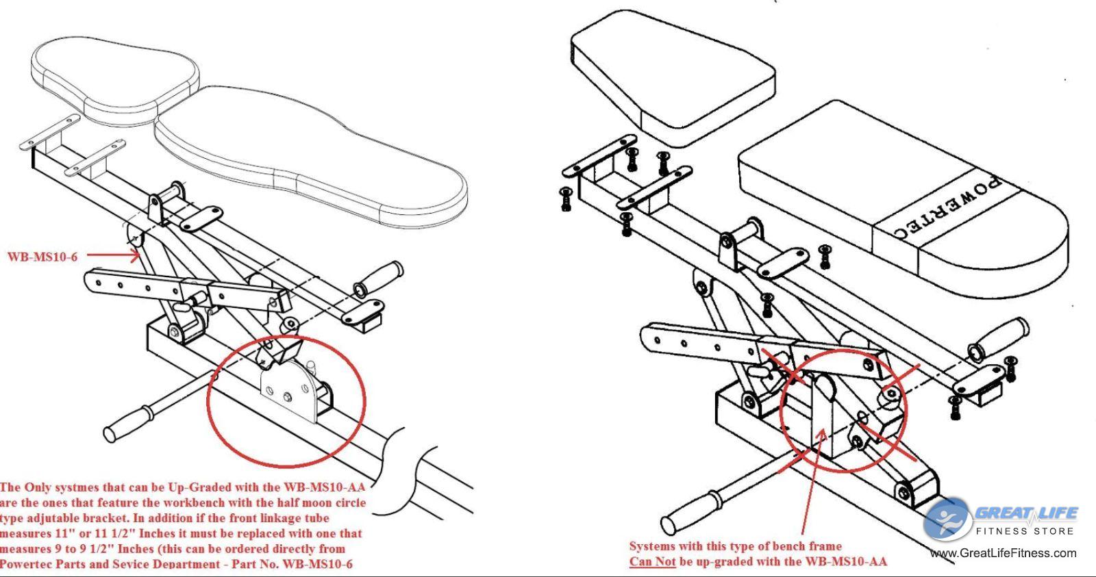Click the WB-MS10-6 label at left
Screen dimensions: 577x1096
42,257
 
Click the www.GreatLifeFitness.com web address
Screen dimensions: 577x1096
1003,553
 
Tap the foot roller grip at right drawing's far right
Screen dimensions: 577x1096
999,339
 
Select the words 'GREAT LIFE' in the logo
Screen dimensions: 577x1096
1025,513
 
